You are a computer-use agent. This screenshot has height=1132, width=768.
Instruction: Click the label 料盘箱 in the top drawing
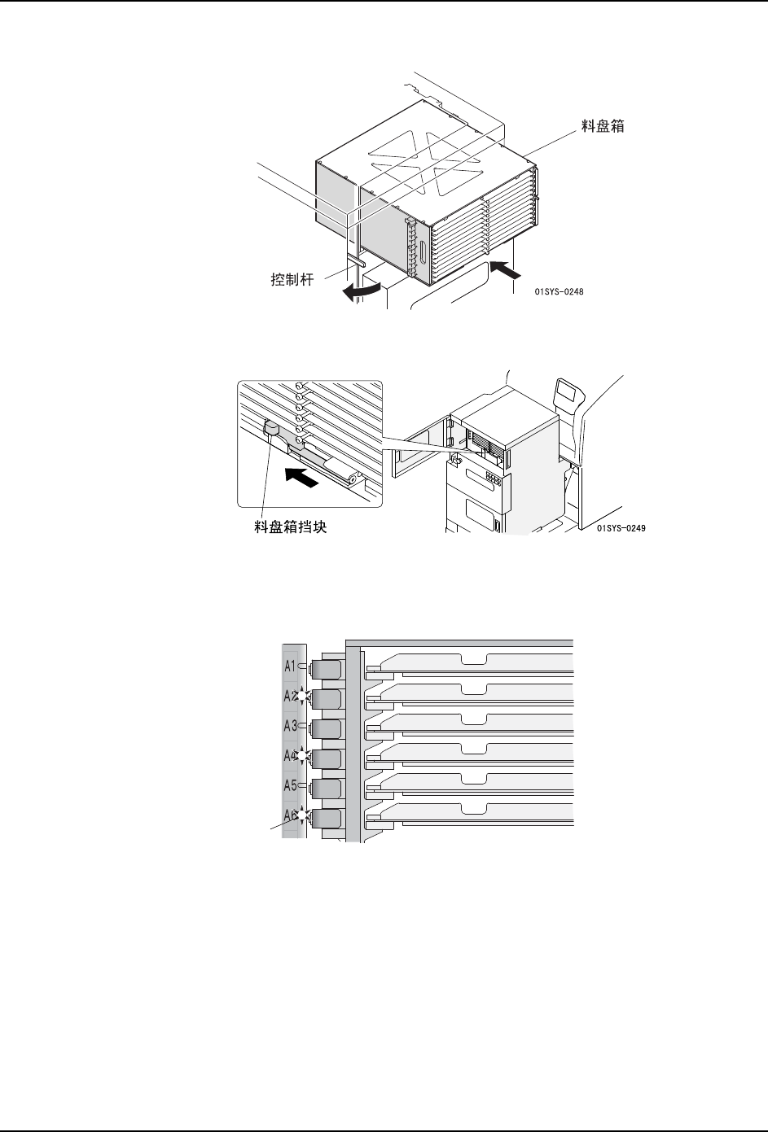coord(601,128)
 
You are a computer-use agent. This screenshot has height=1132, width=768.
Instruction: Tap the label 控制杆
coord(294,279)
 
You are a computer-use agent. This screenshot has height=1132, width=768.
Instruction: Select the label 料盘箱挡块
coord(292,528)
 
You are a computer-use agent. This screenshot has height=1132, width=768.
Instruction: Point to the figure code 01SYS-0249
coord(625,528)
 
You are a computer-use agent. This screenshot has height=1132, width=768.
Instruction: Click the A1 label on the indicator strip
coord(289,667)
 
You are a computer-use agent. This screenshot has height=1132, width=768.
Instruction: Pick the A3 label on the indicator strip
coord(289,726)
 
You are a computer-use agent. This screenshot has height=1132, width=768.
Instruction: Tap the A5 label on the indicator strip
coord(289,785)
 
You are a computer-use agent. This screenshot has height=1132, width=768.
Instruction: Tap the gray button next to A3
coord(327,728)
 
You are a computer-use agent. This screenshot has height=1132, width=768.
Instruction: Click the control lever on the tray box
coord(357,261)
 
